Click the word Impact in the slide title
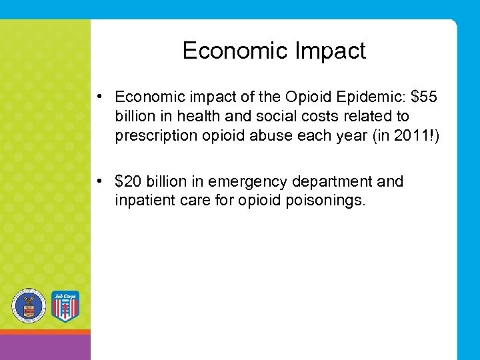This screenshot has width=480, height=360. [333, 51]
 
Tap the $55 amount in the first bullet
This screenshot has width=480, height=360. [425, 97]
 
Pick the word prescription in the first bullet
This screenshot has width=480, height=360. [155, 136]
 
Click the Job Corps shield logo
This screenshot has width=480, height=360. [65, 306]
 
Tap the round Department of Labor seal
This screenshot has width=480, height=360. [29, 306]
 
